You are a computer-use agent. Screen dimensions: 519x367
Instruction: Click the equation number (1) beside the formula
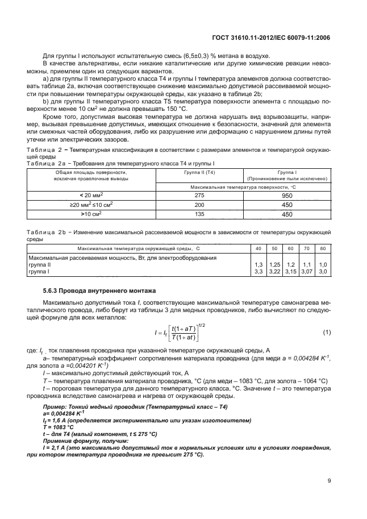tap(326, 331)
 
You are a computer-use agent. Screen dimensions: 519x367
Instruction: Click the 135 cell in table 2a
tap(199, 214)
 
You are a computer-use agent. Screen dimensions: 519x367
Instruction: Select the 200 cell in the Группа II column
tap(199, 204)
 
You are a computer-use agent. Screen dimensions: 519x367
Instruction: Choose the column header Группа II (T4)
tap(199, 171)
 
